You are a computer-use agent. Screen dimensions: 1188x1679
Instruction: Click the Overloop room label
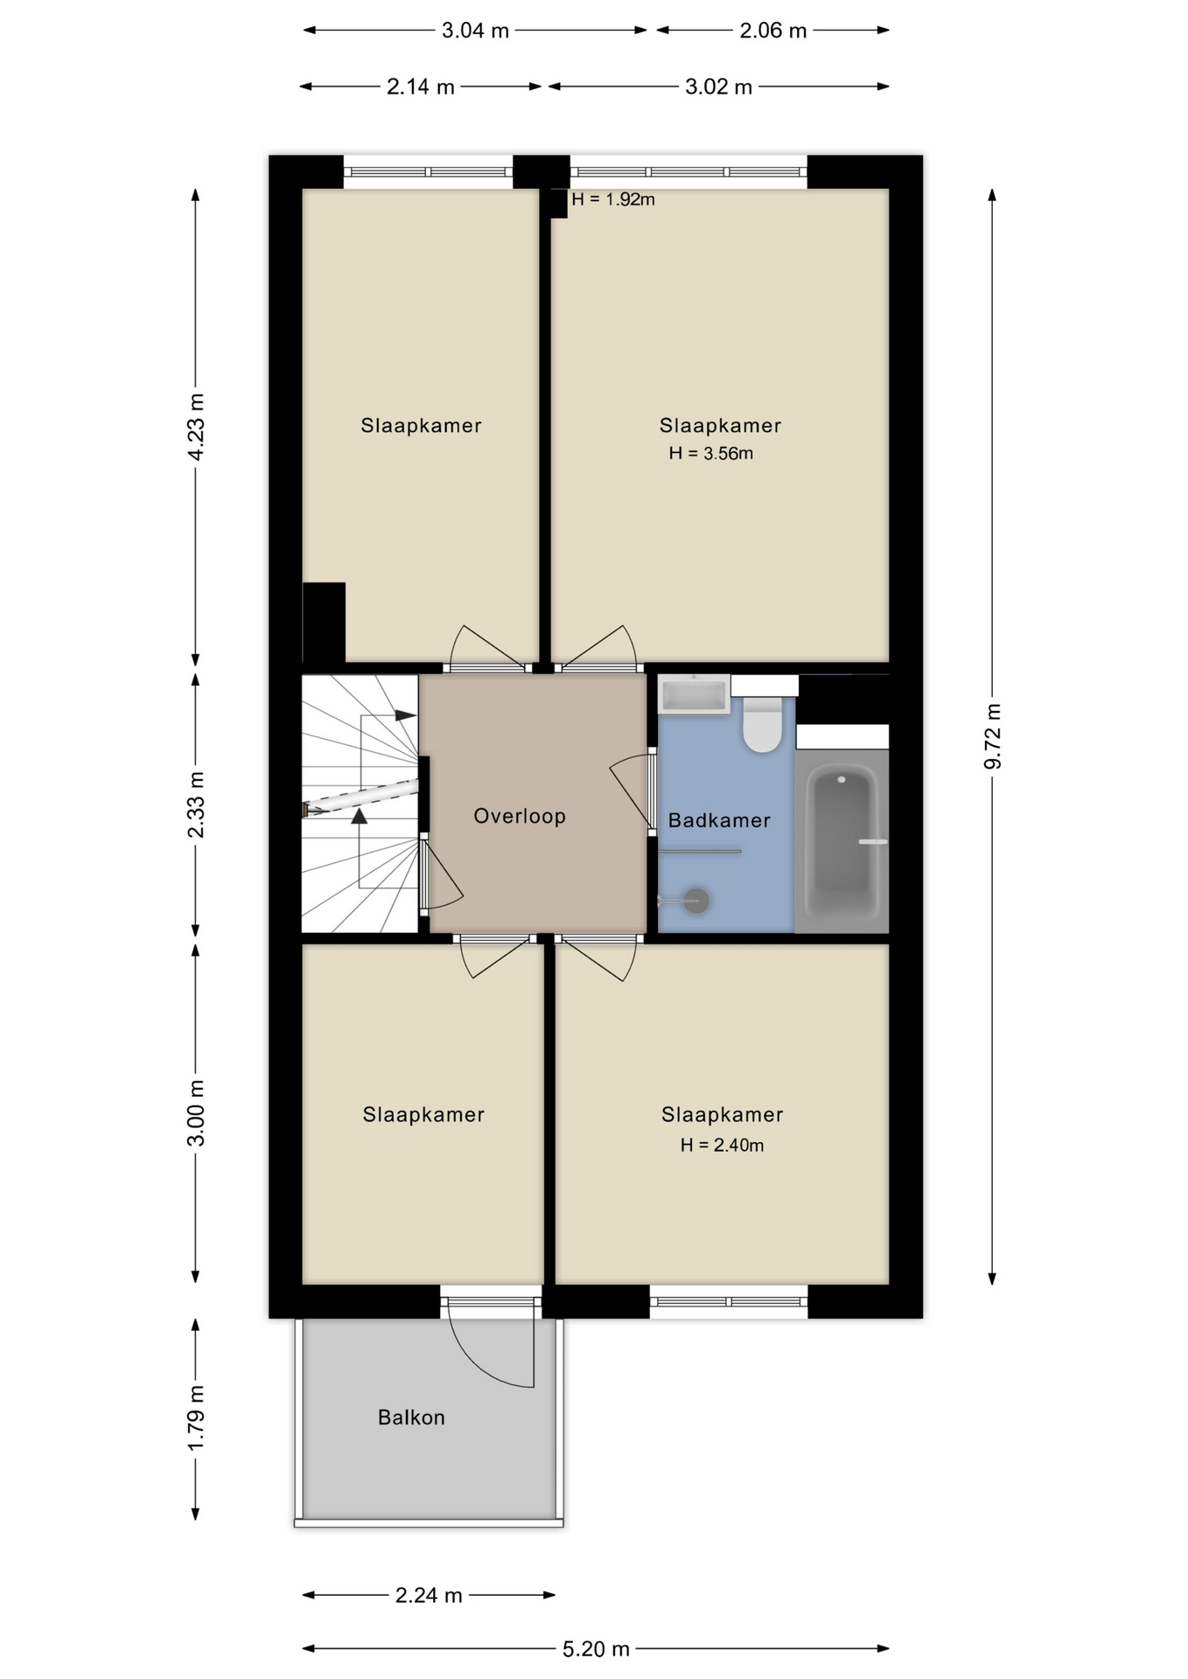[520, 816]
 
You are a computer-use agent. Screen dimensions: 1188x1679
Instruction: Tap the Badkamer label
[719, 820]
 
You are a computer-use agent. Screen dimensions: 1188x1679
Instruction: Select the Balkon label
[411, 1418]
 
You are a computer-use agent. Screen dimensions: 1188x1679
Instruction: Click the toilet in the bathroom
[763, 724]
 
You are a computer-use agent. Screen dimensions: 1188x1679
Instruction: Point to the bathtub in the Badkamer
[842, 842]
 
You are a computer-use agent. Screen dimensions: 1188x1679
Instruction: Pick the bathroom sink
[695, 695]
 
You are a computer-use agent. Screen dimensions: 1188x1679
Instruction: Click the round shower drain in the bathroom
[696, 900]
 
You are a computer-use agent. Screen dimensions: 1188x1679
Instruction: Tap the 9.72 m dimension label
[993, 735]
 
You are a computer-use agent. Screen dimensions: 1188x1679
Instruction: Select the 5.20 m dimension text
[596, 1649]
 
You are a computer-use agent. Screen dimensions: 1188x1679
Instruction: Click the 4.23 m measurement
[196, 427]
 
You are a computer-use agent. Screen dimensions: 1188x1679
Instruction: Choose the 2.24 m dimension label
[429, 1595]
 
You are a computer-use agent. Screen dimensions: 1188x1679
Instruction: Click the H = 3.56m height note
[711, 453]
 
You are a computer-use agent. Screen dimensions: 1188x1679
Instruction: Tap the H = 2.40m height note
[723, 1145]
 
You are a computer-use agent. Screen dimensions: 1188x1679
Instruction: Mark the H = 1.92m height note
[613, 199]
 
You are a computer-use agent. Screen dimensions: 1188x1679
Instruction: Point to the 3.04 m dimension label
[475, 31]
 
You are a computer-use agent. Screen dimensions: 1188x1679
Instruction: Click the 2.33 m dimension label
[196, 805]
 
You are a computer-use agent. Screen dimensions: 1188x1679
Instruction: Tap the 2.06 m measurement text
[773, 31]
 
